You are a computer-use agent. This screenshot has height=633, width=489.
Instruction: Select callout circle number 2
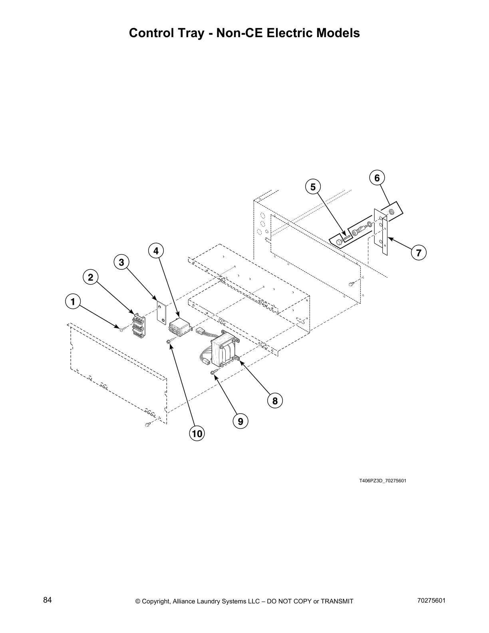click(x=91, y=277)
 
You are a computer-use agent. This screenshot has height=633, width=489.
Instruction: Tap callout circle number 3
click(x=121, y=262)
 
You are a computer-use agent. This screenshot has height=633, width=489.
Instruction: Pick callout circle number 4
click(x=156, y=251)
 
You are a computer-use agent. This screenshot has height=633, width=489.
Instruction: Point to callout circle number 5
click(x=313, y=187)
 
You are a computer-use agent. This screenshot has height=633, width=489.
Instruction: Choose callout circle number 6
click(x=377, y=177)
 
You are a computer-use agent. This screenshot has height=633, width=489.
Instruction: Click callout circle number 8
click(x=275, y=400)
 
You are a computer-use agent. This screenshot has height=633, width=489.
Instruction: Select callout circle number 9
click(x=240, y=421)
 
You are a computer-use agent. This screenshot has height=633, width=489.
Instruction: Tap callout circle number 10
click(x=197, y=434)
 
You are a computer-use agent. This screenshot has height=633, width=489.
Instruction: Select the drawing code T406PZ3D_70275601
click(x=382, y=480)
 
